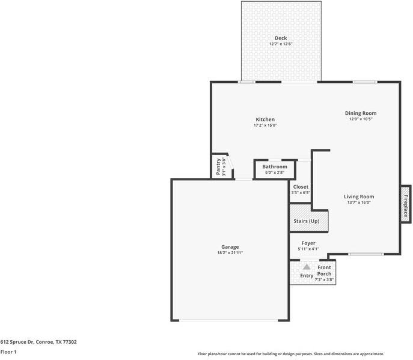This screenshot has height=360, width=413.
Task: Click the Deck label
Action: [281, 38]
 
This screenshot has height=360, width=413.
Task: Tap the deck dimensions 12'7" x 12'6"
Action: [281, 44]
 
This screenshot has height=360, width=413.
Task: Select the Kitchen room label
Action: [265, 119]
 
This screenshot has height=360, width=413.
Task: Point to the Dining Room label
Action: [361, 113]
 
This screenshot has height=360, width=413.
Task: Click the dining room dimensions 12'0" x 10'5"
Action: [361, 119]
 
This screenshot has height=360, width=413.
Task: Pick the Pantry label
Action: [218, 166]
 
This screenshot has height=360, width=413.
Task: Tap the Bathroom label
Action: [275, 166]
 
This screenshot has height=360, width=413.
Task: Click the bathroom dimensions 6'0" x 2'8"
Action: [275, 172]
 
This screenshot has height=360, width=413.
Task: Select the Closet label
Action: [301, 187]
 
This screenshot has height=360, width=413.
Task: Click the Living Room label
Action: [359, 197]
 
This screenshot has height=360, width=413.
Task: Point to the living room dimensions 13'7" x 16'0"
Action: [359, 203]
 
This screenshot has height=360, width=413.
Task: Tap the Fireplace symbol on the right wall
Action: [406, 204]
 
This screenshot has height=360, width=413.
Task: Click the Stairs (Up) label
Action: [307, 221]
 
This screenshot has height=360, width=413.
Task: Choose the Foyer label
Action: [308, 243]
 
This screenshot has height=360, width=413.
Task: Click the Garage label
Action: [230, 246]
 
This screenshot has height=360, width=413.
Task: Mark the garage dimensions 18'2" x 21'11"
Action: [230, 253]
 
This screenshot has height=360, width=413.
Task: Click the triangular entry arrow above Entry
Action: [307, 267]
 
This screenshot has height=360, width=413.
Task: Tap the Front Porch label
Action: [325, 270]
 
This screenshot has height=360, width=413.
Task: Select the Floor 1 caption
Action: [8, 352]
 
